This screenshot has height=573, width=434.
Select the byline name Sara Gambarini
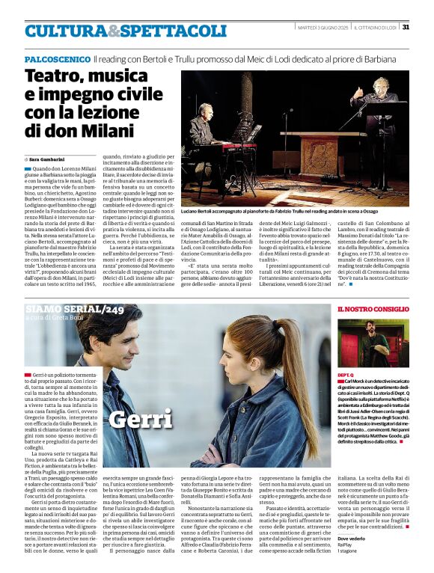tap(47, 160)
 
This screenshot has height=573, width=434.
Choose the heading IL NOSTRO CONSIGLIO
tap(373, 309)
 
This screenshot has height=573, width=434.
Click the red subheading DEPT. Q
tap(345, 373)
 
